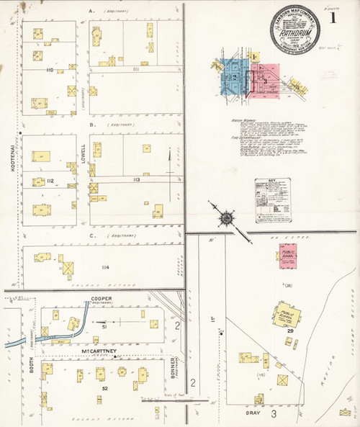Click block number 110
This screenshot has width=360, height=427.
coord(50,70)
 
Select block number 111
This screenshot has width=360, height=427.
coord(136,69)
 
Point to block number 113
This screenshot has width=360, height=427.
coord(135,179)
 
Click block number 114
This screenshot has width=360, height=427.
coord(106,267)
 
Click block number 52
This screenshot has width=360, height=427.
coord(105,389)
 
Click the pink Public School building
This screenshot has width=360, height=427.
coord(288,255)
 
